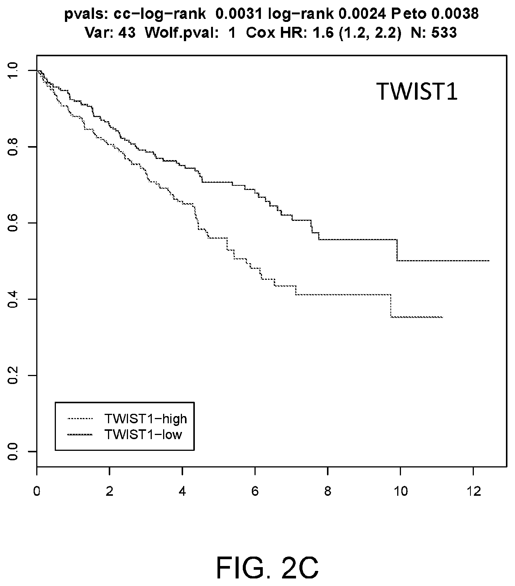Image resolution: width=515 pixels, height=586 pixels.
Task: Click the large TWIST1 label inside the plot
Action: [x=417, y=91]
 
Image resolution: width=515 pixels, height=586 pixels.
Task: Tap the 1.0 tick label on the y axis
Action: [x=13, y=71]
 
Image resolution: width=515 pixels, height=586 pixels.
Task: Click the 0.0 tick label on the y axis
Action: [x=13, y=451]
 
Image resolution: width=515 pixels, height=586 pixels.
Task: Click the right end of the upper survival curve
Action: [x=489, y=261]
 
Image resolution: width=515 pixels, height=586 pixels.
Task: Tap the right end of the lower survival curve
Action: [x=443, y=317]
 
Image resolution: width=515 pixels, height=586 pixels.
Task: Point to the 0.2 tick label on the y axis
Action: [x=13, y=375]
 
